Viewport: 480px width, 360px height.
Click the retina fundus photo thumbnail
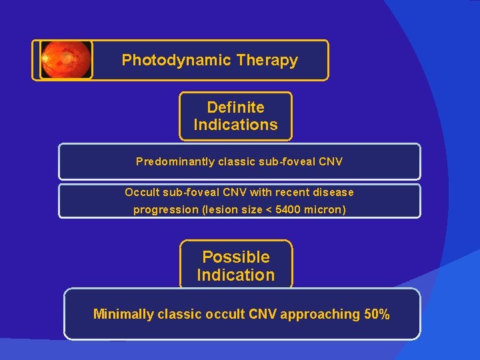tap(65, 60)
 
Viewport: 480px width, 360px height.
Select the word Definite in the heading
tap(235, 107)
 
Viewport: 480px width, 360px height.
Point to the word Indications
tap(235, 125)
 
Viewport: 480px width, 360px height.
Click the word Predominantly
tap(171, 161)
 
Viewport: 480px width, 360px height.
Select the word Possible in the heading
tap(235, 257)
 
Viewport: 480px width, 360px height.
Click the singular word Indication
tap(235, 275)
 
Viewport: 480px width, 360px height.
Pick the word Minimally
tap(123, 314)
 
